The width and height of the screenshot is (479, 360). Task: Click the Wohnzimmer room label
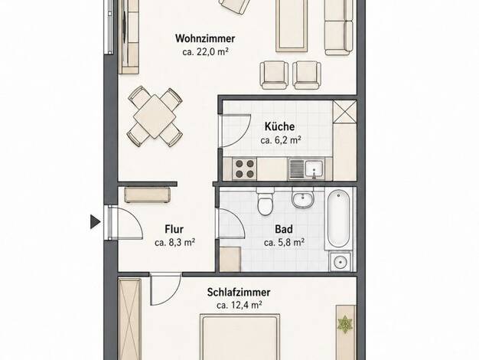click(205, 38)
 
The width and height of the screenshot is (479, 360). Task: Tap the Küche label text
click(279, 126)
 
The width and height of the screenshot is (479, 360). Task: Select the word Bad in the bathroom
click(284, 229)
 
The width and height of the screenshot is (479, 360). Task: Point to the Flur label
click(174, 229)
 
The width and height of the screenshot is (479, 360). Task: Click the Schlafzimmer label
click(239, 292)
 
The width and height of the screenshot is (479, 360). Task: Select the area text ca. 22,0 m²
click(206, 51)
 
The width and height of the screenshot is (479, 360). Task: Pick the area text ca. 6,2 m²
click(281, 140)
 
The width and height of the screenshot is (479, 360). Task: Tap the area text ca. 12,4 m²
click(239, 305)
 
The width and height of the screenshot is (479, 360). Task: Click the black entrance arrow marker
click(96, 221)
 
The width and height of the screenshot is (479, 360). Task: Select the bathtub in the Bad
click(338, 218)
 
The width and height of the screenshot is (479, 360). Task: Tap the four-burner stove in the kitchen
click(244, 169)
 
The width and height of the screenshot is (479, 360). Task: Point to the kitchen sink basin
click(314, 169)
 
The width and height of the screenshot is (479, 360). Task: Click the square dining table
click(155, 116)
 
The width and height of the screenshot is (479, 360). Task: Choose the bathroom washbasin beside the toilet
click(302, 198)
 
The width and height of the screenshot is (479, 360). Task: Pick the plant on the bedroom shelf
click(345, 325)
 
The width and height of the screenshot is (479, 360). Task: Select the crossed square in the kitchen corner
click(344, 112)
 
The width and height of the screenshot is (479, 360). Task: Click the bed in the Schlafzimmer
click(239, 337)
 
